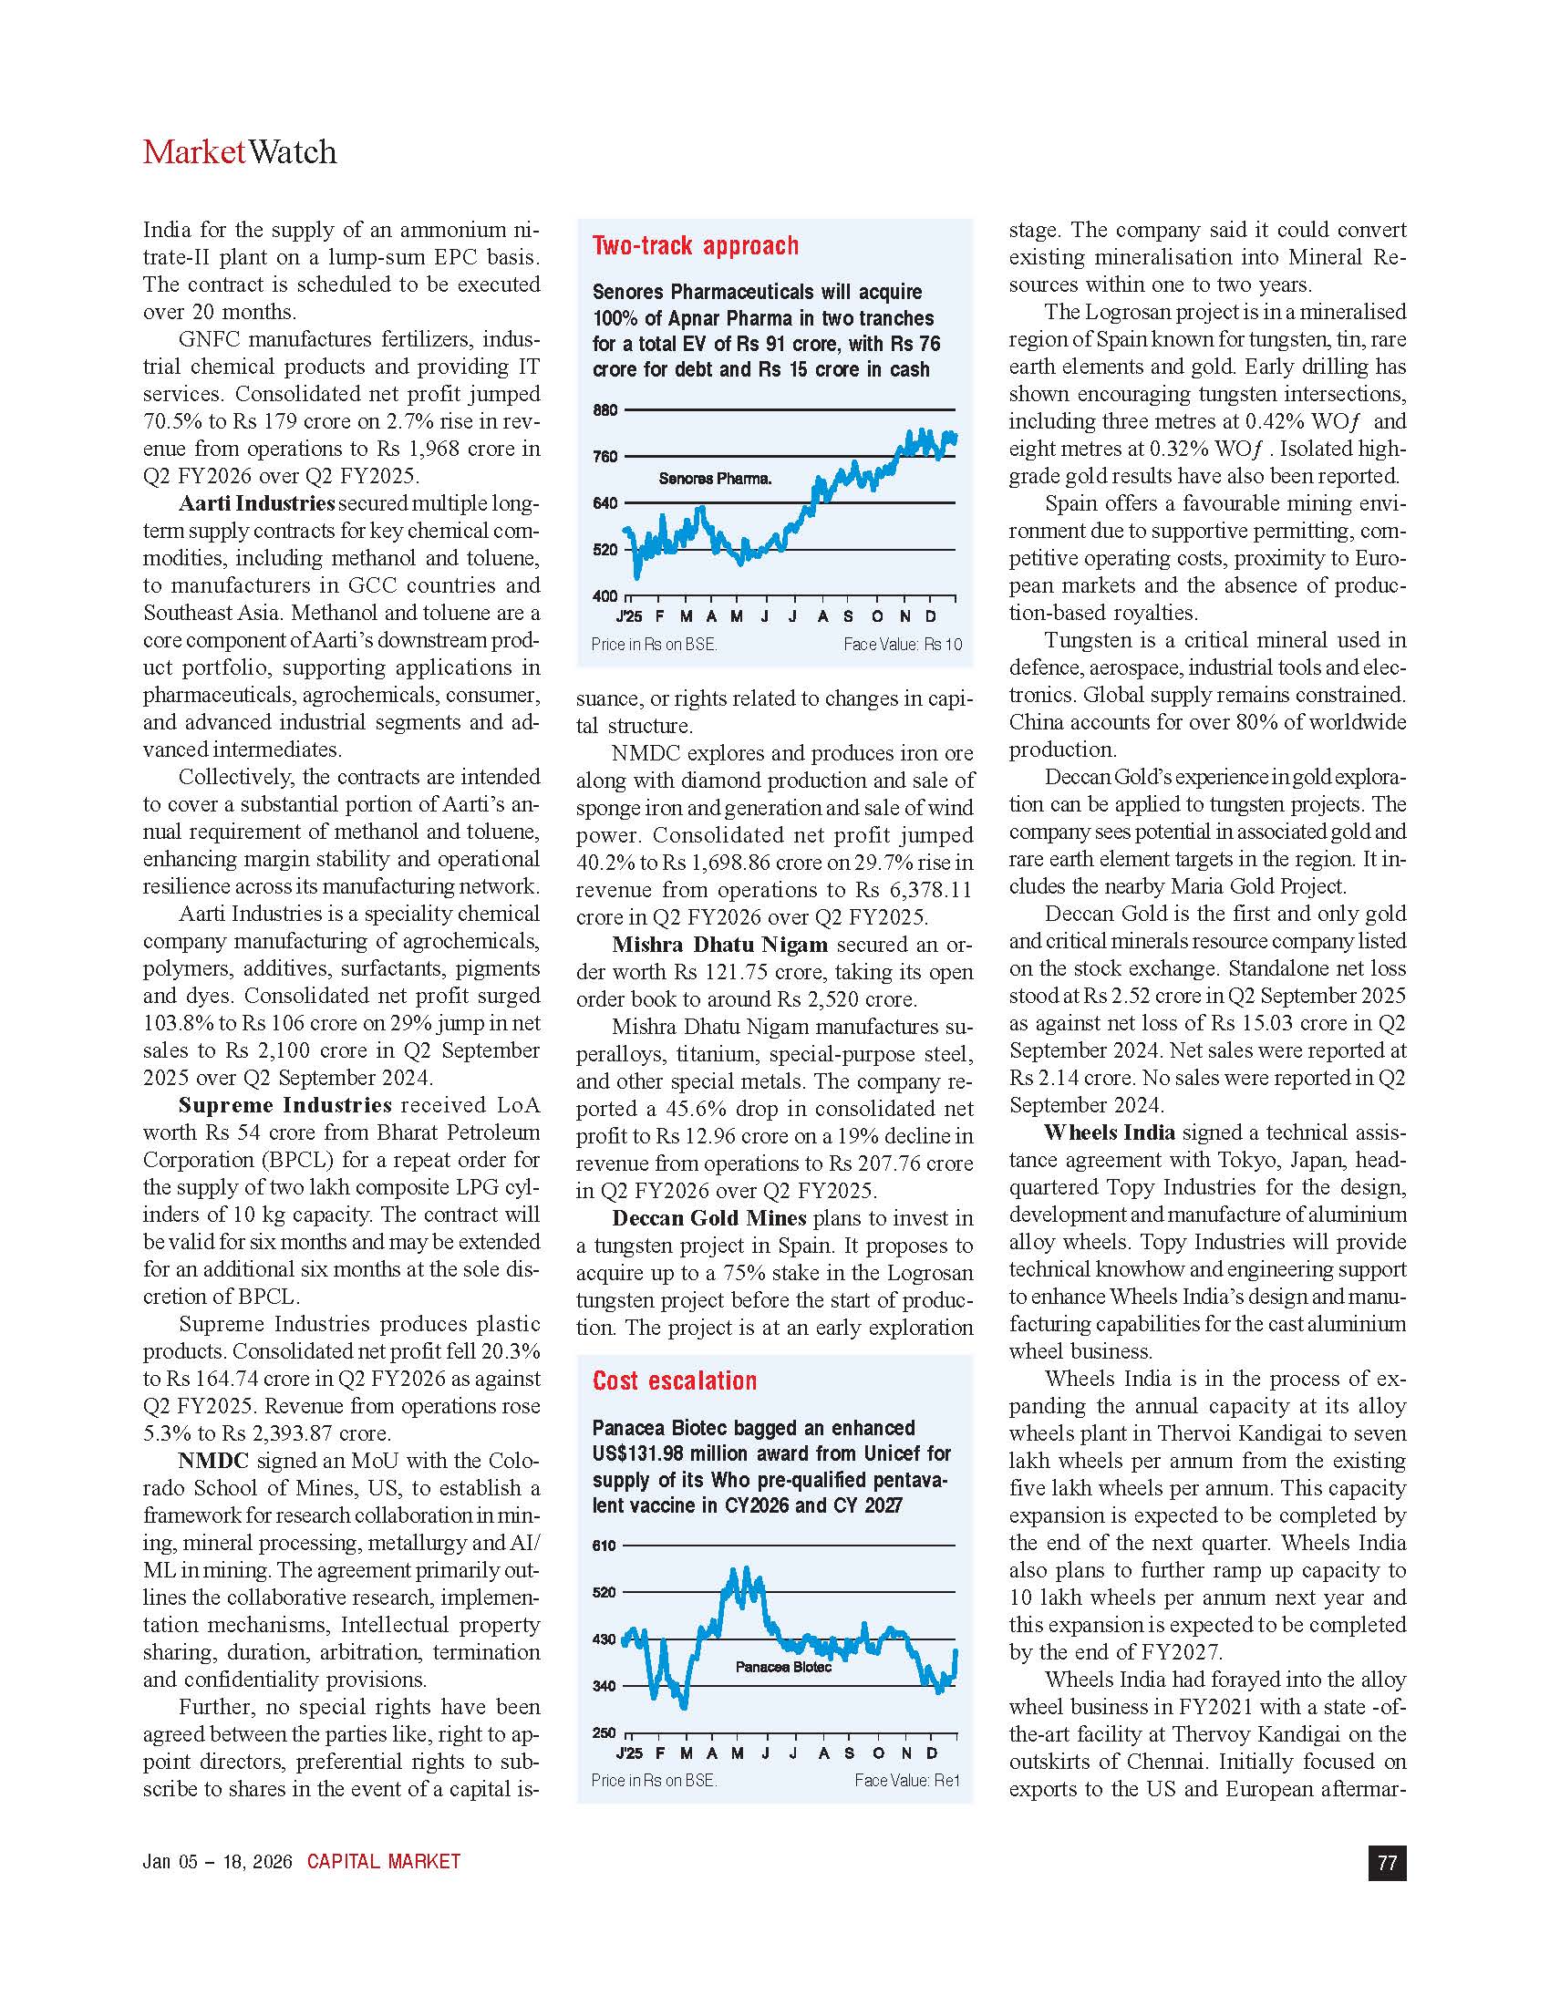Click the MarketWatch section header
pyautogui.click(x=240, y=152)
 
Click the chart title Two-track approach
pyautogui.click(x=695, y=246)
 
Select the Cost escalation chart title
pyautogui.click(x=675, y=1380)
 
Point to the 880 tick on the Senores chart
pyautogui.click(x=605, y=410)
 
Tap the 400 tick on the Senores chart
pyautogui.click(x=605, y=596)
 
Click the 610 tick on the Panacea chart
pyautogui.click(x=604, y=1546)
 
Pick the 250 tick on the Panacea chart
pyautogui.click(x=604, y=1732)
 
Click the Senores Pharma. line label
pyautogui.click(x=715, y=479)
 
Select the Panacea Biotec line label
pyautogui.click(x=782, y=1667)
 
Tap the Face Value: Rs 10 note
pyautogui.click(x=903, y=645)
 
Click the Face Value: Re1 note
pyautogui.click(x=906, y=1780)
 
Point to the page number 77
pyautogui.click(x=1387, y=1863)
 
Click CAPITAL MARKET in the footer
pyautogui.click(x=384, y=1862)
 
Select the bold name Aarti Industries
pyautogui.click(x=256, y=503)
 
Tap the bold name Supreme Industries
pyautogui.click(x=284, y=1105)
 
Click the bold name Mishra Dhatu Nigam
pyautogui.click(x=719, y=945)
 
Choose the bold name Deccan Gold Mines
pyautogui.click(x=708, y=1218)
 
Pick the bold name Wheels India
pyautogui.click(x=1109, y=1132)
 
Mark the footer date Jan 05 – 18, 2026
pyautogui.click(x=217, y=1862)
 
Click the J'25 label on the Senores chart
pyautogui.click(x=629, y=616)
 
